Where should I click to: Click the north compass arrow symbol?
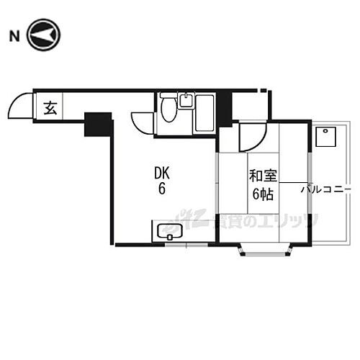click(x=45, y=34)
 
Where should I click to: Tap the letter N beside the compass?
click(x=13, y=35)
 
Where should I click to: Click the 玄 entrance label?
click(x=50, y=109)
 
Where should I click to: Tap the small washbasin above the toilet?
click(x=186, y=100)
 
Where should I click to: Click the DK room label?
click(x=162, y=174)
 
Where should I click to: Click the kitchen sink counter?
click(x=174, y=232)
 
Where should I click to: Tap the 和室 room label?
click(x=261, y=176)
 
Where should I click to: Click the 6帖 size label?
click(x=261, y=193)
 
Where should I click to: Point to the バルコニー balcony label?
click(x=322, y=189)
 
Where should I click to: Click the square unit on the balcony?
click(x=325, y=137)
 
